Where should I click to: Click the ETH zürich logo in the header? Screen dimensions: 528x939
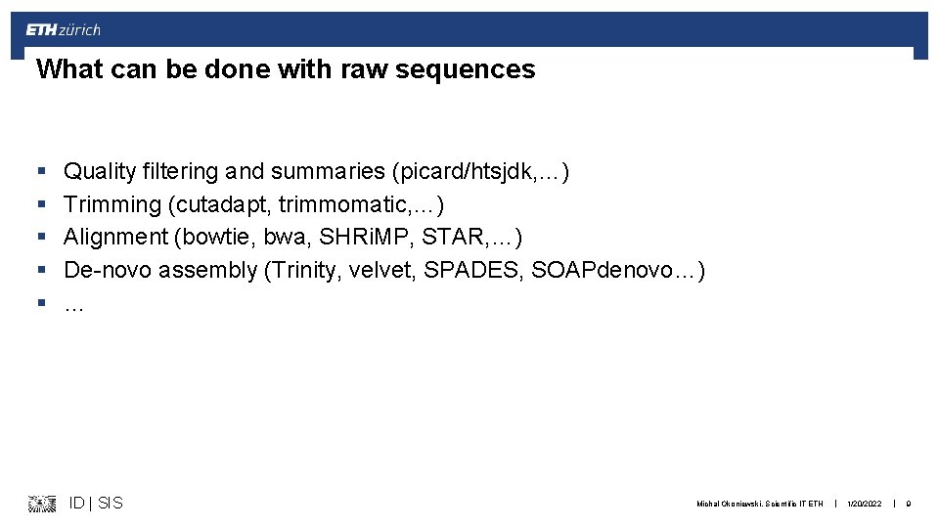[63, 30]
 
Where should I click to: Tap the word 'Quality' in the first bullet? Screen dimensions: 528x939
[100, 172]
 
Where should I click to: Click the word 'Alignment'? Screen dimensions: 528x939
[115, 237]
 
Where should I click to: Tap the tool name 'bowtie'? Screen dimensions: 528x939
[216, 237]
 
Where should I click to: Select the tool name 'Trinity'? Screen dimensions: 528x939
[303, 270]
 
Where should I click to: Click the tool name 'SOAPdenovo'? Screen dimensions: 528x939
[600, 270]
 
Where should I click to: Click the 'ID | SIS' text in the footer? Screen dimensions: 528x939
[96, 503]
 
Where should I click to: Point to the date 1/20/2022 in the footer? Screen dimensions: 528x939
[864, 504]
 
